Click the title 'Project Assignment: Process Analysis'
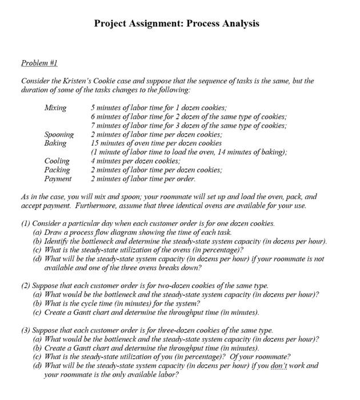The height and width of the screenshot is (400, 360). click(177, 23)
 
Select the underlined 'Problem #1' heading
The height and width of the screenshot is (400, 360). click(39, 62)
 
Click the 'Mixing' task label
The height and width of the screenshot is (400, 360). click(55, 107)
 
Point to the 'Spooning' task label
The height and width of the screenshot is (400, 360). click(59, 134)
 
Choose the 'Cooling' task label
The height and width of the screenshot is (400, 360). click(57, 161)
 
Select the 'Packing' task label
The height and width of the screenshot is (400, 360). click(57, 170)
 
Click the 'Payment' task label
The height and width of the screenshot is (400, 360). click(58, 179)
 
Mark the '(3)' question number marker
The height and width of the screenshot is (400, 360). click(25, 330)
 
